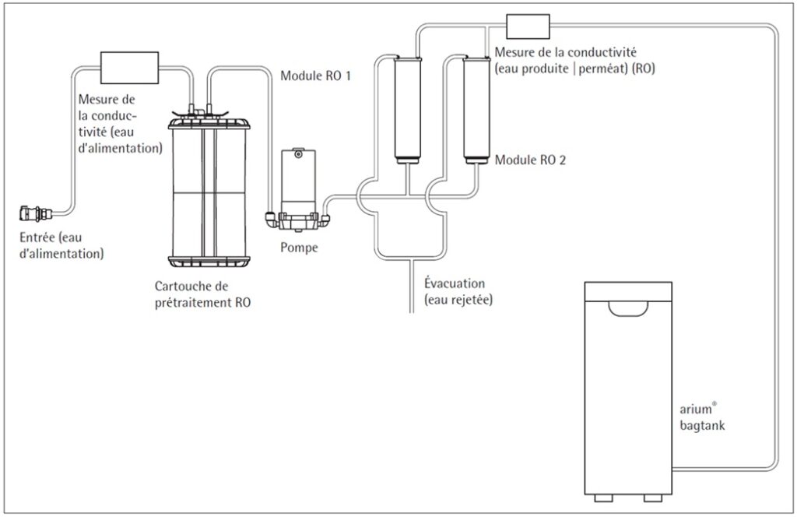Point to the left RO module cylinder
(x=406, y=109)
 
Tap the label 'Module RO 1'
(x=315, y=76)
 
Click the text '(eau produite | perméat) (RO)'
(x=574, y=69)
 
